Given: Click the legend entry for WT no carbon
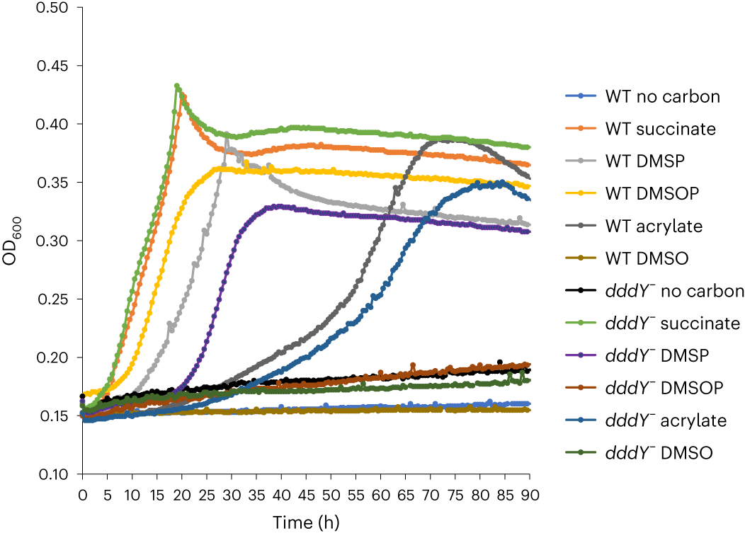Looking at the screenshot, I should click(x=662, y=96).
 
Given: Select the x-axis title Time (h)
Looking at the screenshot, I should click(x=307, y=522).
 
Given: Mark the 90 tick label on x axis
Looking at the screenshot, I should click(x=530, y=494).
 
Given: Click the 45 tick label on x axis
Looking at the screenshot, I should click(x=306, y=494).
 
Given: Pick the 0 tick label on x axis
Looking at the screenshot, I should click(x=82, y=494).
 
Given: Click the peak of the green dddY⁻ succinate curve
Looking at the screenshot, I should click(x=177, y=86).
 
